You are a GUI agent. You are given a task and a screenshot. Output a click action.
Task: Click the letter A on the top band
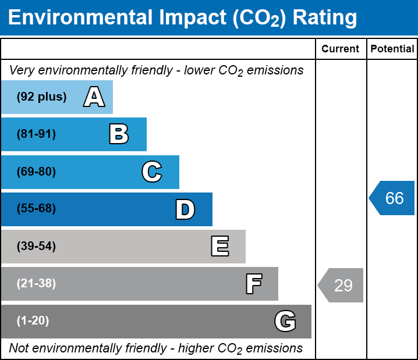pyautogui.click(x=94, y=97)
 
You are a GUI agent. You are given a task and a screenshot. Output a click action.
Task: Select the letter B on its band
pyautogui.click(x=119, y=134)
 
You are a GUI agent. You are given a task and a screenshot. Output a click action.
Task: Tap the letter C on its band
pyautogui.click(x=152, y=172)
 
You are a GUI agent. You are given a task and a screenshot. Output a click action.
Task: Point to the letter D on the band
pyautogui.click(x=185, y=209)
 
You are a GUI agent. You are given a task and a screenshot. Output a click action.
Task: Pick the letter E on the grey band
pyautogui.click(x=219, y=246)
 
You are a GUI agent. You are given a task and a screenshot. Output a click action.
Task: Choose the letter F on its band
pyautogui.click(x=253, y=284)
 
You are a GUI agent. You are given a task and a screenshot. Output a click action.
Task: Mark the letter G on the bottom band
pyautogui.click(x=285, y=321)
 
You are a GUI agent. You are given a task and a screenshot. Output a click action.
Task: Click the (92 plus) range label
pyautogui.click(x=41, y=97)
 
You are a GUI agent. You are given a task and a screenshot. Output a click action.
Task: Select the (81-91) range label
pyautogui.click(x=36, y=134)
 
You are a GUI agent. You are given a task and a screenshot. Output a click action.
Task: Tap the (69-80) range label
pyautogui.click(x=36, y=172)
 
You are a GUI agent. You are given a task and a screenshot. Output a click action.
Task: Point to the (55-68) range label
pyautogui.click(x=36, y=209)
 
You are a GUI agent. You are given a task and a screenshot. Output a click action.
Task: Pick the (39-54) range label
pyautogui.click(x=36, y=246)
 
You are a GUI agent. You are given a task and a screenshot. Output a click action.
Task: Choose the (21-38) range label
pyautogui.click(x=36, y=284)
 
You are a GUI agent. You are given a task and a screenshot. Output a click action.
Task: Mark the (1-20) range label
pyautogui.click(x=33, y=321)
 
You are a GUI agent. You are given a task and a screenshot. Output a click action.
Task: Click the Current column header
pyautogui.click(x=341, y=49)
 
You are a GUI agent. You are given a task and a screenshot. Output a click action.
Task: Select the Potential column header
pyautogui.click(x=392, y=49)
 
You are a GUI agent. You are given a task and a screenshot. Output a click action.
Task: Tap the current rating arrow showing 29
pyautogui.click(x=341, y=286)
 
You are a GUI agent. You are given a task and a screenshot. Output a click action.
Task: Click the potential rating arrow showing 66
pyautogui.click(x=392, y=198)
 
